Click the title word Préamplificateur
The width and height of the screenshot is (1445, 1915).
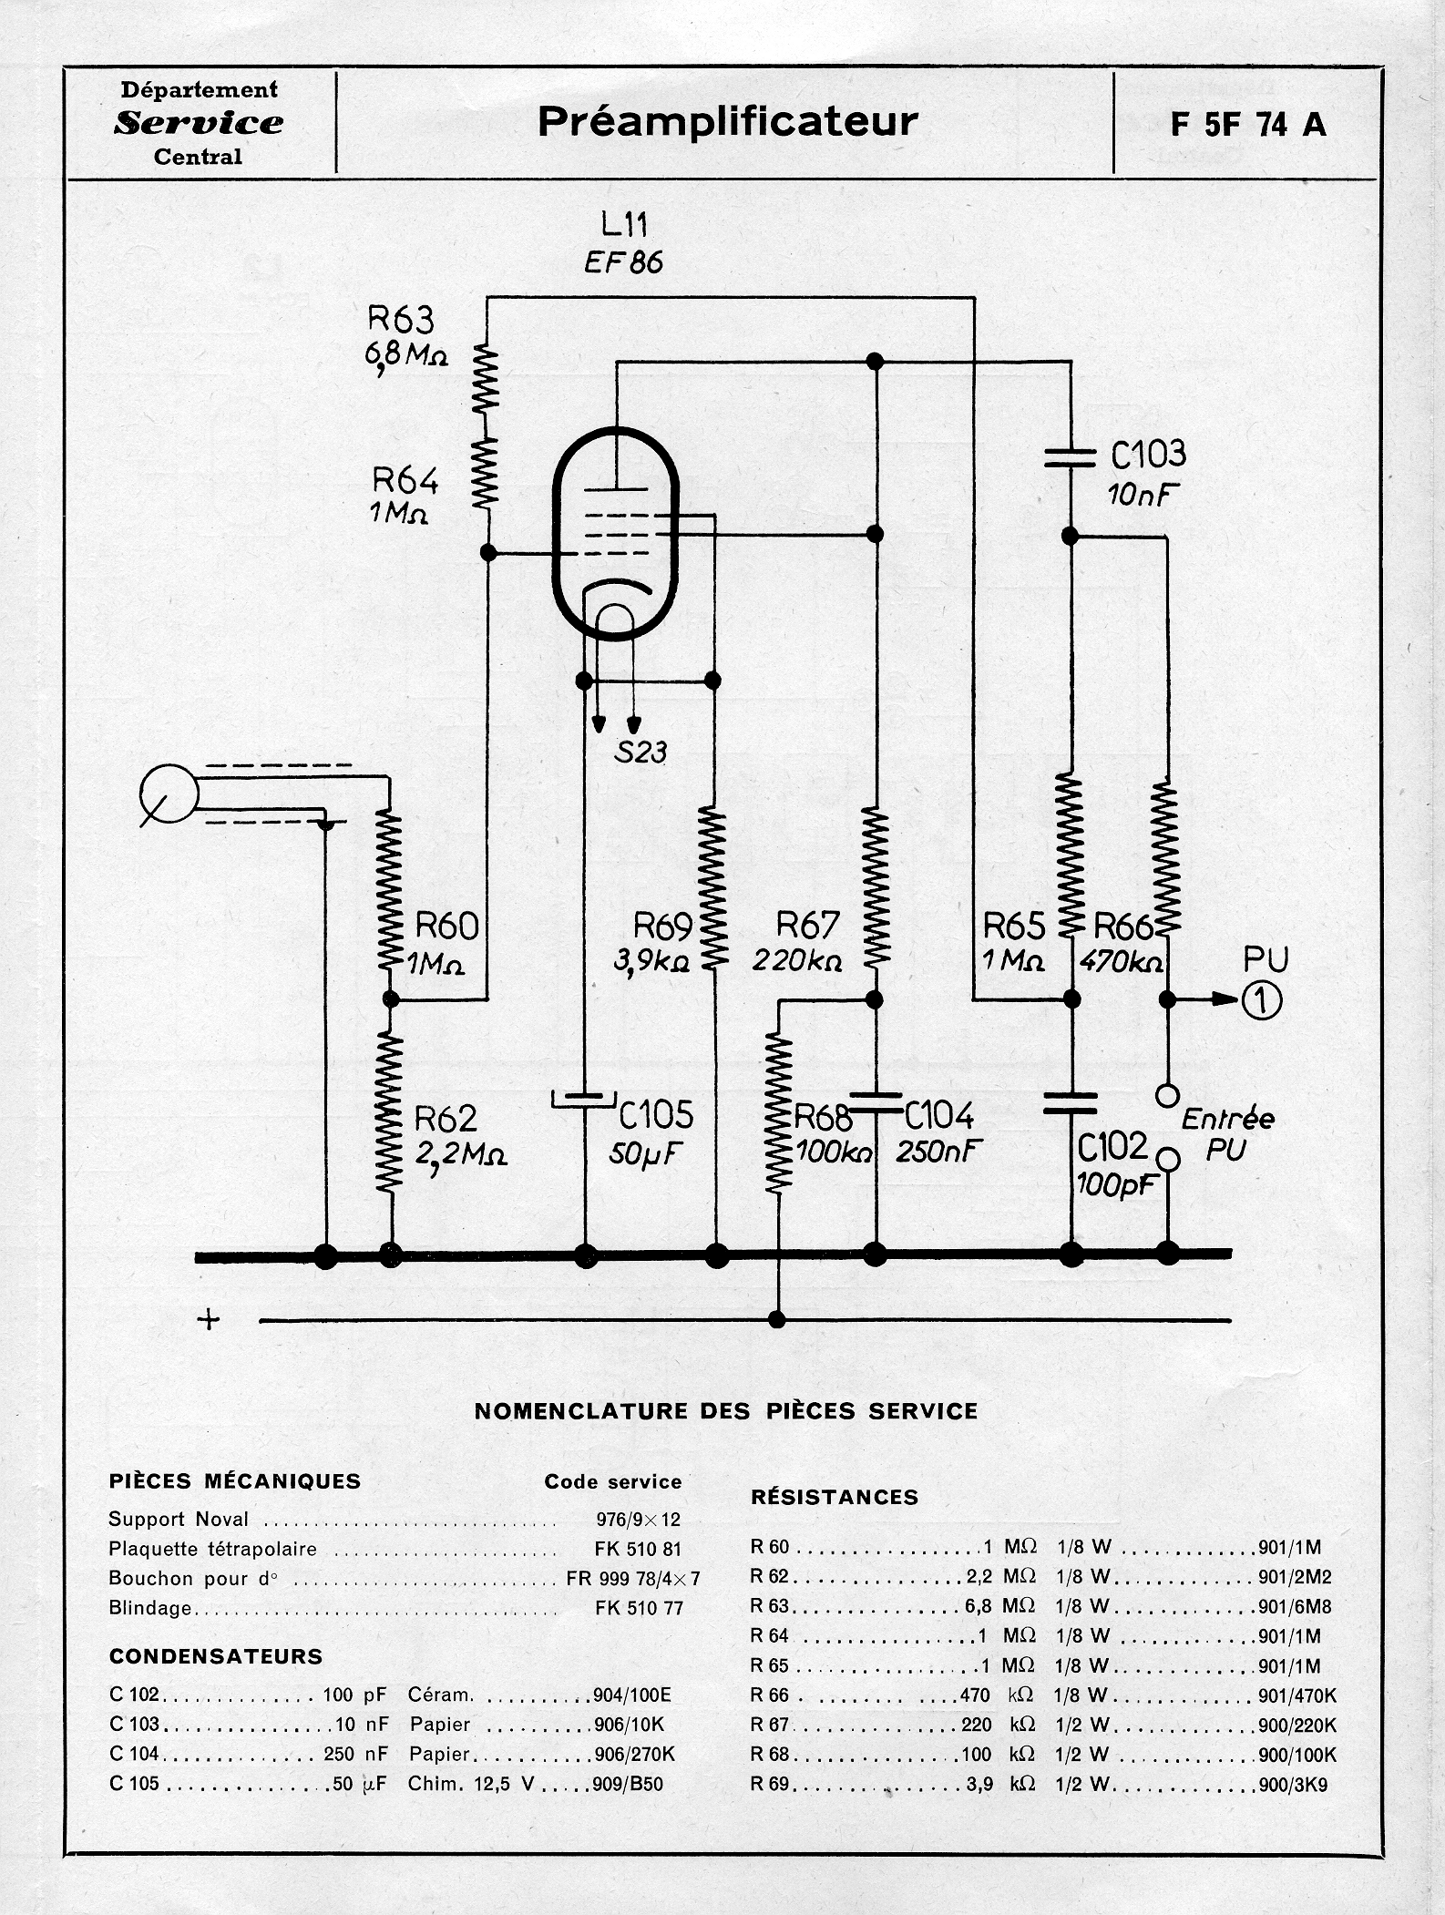(x=727, y=121)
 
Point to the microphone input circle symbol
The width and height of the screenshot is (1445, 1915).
(x=169, y=794)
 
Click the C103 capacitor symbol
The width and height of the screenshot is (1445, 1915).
(x=1071, y=456)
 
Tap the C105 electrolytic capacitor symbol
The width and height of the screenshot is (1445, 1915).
(x=585, y=1101)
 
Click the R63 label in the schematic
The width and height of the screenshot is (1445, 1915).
(x=401, y=320)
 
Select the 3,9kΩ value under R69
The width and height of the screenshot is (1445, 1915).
(x=651, y=961)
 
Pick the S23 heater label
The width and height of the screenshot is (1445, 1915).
(x=641, y=752)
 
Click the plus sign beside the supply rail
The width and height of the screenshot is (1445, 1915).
(x=209, y=1319)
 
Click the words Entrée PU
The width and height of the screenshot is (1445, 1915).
(x=1226, y=1133)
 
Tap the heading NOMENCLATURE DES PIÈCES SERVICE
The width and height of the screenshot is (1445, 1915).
(x=726, y=1411)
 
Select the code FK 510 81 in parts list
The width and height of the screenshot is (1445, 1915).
(x=638, y=1549)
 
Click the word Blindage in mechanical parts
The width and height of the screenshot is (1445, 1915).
(x=150, y=1608)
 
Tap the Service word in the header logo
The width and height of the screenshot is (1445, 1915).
(x=199, y=123)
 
